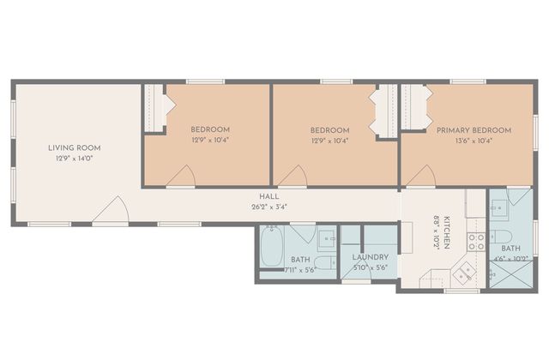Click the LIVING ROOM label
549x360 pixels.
(75, 148)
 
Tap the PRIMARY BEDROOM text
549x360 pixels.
(474, 130)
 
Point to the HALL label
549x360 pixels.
(269, 196)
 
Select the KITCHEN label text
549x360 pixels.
(447, 232)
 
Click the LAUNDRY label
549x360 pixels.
(370, 257)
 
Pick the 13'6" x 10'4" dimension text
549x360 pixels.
(474, 141)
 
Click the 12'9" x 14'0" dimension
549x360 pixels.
(75, 159)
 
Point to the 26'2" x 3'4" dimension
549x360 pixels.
(269, 207)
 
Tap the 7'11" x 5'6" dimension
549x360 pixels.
(300, 270)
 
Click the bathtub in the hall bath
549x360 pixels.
(272, 245)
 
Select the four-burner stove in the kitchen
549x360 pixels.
(477, 242)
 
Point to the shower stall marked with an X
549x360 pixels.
(511, 274)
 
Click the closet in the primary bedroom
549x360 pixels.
(413, 106)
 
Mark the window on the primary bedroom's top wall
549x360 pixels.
(468, 82)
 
